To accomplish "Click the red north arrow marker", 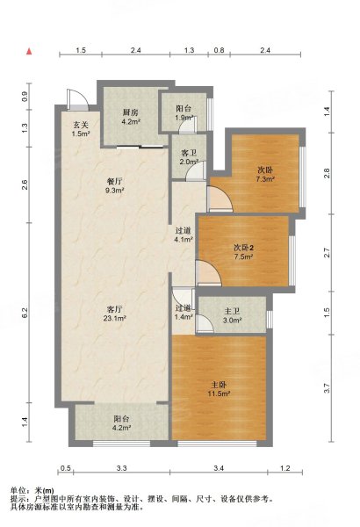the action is (29, 51).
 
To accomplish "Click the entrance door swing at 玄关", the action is (77, 99).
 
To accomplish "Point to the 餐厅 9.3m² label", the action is (114, 186).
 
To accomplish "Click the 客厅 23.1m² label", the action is (114, 314).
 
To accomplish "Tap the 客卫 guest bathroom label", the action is (189, 153).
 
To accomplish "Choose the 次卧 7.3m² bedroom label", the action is (265, 175).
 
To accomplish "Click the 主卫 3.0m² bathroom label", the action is (232, 316).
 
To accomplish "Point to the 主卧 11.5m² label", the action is (219, 389).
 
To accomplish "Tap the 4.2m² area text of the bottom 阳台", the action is (122, 428).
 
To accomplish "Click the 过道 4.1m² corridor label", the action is (184, 235).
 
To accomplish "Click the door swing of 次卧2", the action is (208, 273).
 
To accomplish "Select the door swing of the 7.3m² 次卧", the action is (220, 199).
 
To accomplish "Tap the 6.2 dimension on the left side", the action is (25, 313).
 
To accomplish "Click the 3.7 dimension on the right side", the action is (327, 388).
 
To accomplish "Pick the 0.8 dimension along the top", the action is (219, 50).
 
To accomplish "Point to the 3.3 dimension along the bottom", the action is (122, 468).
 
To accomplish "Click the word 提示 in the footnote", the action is (18, 499).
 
